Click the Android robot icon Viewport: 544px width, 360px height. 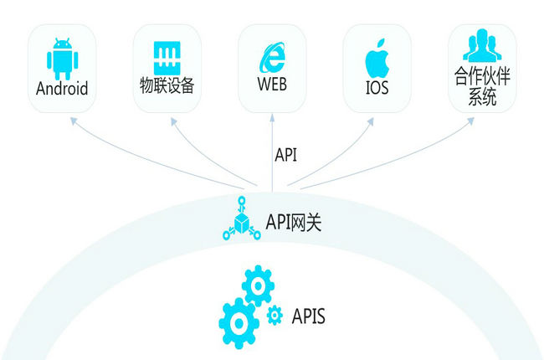63,59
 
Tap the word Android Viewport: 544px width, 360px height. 62,89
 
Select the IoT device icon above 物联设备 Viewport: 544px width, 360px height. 167,58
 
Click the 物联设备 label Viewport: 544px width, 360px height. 167,85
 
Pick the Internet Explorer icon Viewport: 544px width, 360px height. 273,57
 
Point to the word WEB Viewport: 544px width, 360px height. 272,84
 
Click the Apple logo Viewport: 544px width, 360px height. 377,58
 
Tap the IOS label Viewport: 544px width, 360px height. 377,87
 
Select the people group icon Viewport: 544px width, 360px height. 482,45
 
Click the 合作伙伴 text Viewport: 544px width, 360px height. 482,76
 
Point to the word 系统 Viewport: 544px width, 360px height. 482,97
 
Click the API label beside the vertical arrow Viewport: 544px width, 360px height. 286,155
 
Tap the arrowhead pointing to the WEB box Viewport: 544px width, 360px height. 272,118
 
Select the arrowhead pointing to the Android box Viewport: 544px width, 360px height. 73,121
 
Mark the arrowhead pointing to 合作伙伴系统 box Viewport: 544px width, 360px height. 470,121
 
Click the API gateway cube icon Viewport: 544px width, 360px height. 242,219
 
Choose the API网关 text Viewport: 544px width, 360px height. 294,222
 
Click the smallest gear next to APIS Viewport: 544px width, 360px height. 275,316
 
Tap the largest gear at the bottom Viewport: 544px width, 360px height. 239,323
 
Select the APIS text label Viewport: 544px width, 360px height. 309,316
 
